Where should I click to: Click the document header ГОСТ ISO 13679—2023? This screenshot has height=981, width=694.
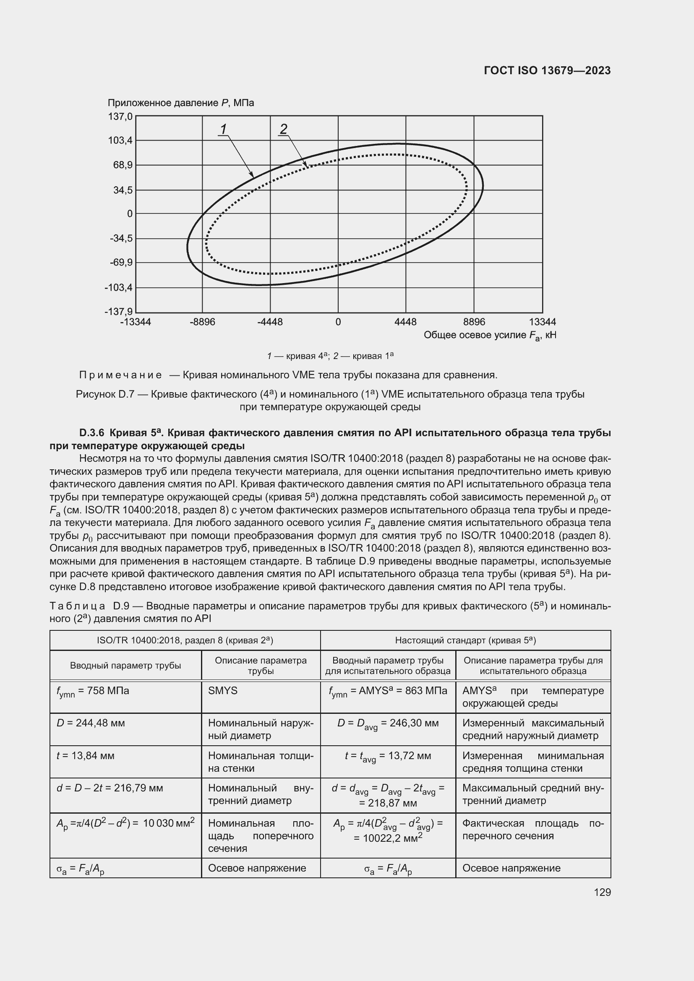click(547, 70)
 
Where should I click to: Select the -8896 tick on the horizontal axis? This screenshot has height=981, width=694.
click(202, 322)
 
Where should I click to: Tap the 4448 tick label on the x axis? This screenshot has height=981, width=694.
click(405, 322)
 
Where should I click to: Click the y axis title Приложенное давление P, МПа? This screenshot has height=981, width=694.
click(180, 103)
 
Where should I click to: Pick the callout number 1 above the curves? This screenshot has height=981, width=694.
click(223, 128)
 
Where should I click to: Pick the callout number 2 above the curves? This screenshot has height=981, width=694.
click(283, 128)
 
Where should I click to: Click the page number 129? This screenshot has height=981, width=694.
click(602, 892)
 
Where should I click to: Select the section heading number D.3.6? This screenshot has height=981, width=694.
click(91, 433)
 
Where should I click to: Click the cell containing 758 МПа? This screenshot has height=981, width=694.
click(93, 691)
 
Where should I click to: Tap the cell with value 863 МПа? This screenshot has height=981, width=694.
click(388, 691)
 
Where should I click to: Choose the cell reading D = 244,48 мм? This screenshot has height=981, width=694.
click(91, 723)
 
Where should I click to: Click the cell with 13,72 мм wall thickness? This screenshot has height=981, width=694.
click(388, 756)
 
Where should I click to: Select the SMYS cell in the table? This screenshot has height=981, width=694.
click(223, 690)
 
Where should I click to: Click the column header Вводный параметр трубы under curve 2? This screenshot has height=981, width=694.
click(125, 665)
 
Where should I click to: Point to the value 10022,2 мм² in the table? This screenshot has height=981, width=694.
click(388, 838)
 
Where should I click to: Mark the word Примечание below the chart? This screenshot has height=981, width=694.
click(120, 375)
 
